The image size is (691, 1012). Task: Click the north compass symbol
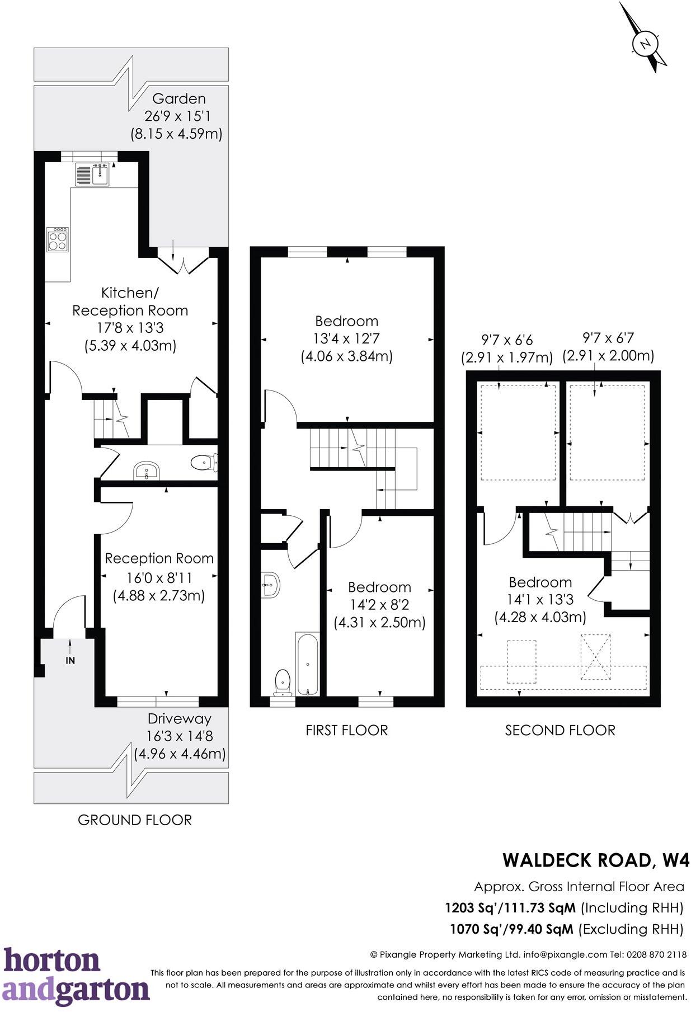(646, 43)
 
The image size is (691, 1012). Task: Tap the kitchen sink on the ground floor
(93, 175)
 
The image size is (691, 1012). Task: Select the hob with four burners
(58, 239)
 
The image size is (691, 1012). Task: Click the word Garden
(179, 99)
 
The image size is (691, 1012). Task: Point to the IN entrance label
(70, 660)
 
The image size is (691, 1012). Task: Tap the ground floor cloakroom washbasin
(147, 471)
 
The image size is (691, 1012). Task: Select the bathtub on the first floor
(307, 664)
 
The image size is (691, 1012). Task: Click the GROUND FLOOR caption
(135, 820)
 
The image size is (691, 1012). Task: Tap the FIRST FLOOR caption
(346, 730)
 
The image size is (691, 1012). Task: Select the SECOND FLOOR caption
(560, 730)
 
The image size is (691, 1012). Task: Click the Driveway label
(179, 719)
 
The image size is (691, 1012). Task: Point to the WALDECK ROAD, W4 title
(595, 860)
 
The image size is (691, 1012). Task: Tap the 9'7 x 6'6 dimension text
(507, 340)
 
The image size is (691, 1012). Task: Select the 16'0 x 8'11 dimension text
(159, 577)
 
